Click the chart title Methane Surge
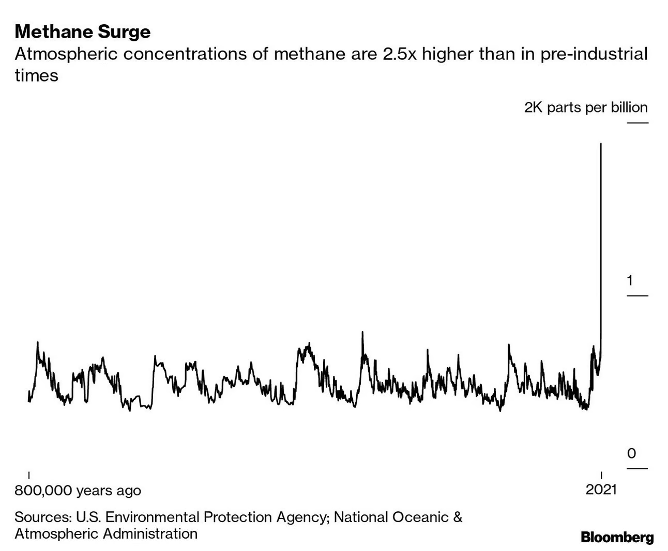coord(83,32)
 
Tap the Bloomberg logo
coord(617,537)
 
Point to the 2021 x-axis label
coord(601,490)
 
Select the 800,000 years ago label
coord(78,490)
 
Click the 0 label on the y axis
coord(631,453)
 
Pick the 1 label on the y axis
coord(630,280)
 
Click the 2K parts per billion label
coord(586,107)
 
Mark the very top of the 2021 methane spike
coord(600,144)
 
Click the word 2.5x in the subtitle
coord(399,54)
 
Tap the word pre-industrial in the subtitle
coord(594,54)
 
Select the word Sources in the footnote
coord(43,517)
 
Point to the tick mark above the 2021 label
coord(601,475)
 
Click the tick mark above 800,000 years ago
coord(28,475)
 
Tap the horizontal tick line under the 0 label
coord(637,468)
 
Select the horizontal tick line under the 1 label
coord(637,296)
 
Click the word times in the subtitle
coord(36,75)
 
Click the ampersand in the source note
coord(458,517)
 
